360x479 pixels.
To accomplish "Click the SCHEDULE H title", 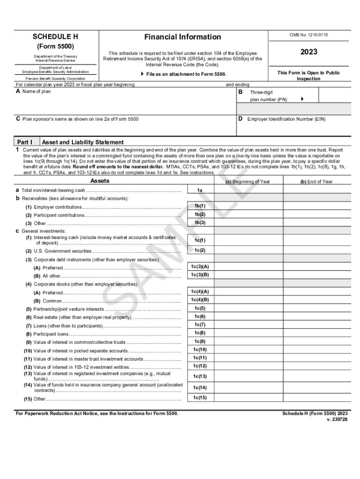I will (x=55, y=37).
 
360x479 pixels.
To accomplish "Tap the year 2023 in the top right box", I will (x=309, y=52).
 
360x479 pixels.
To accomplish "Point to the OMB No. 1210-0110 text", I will (x=309, y=35).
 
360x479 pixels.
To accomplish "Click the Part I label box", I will (x=25, y=142).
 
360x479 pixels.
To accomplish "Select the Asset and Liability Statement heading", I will (x=83, y=142).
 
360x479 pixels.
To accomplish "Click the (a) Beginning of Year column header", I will (x=248, y=181).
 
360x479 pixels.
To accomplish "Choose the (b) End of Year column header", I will (x=316, y=181).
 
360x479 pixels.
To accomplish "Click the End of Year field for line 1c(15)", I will (x=317, y=398).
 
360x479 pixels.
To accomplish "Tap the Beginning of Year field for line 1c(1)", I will (x=248, y=240).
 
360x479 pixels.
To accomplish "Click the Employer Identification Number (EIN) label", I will (x=286, y=119).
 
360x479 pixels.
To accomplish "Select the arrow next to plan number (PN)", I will (x=302, y=99).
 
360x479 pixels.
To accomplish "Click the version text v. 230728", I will (x=337, y=420).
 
